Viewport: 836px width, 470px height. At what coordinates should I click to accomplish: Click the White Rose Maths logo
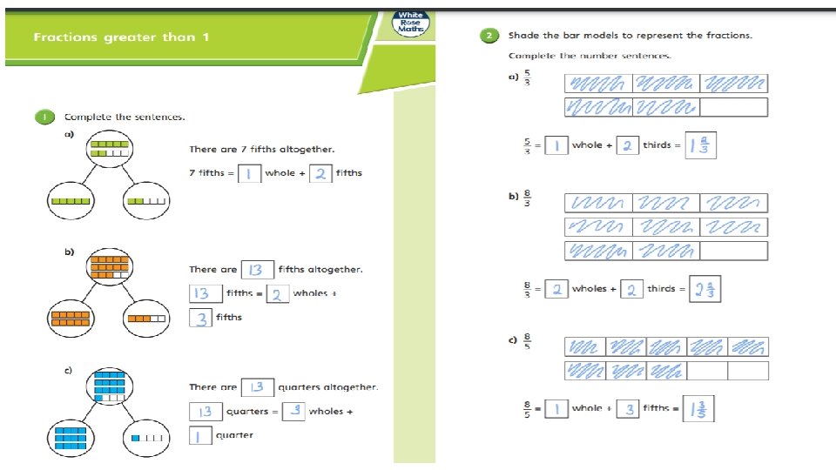(x=410, y=23)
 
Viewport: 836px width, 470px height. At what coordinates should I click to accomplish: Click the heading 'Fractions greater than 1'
(x=121, y=37)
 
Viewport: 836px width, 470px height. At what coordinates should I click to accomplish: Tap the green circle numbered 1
(x=44, y=117)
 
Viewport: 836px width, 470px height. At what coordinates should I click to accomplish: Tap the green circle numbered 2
(x=489, y=36)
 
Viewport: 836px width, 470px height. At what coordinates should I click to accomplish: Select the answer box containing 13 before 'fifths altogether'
(x=258, y=270)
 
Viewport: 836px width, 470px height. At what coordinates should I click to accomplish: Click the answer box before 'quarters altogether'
(x=258, y=387)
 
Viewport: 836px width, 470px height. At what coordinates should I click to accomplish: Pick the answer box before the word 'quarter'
(x=200, y=435)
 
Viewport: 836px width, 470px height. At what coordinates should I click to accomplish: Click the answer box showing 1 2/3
(x=700, y=145)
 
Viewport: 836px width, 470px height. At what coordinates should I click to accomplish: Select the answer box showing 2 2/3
(x=705, y=289)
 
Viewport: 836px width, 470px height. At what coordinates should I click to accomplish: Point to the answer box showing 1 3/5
(x=698, y=409)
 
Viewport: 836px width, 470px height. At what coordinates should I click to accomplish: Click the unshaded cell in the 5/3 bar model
(x=733, y=107)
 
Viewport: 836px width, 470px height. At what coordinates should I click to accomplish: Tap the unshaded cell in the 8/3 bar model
(x=733, y=251)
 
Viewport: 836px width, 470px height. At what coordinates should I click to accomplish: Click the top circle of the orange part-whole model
(x=110, y=266)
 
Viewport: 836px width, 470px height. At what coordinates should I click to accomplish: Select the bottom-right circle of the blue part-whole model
(x=146, y=438)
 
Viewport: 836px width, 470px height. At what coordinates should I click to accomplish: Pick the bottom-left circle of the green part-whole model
(x=71, y=201)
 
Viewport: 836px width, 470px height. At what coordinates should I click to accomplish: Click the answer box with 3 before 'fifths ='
(x=628, y=409)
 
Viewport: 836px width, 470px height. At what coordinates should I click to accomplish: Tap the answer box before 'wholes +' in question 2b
(x=556, y=289)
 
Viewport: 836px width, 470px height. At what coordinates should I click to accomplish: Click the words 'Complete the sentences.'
(x=125, y=117)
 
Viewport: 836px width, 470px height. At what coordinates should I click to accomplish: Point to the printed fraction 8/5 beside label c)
(x=528, y=341)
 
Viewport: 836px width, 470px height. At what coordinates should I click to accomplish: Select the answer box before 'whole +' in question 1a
(x=250, y=173)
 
